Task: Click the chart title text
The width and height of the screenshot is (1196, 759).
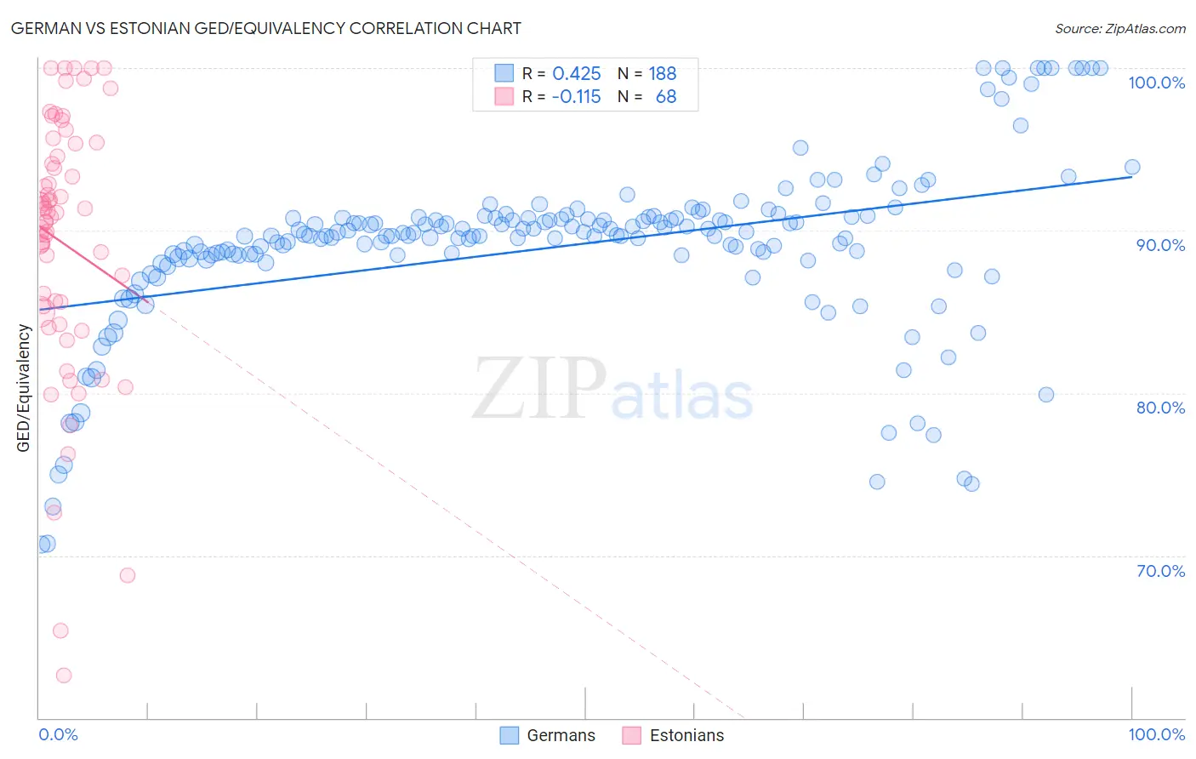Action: [265, 28]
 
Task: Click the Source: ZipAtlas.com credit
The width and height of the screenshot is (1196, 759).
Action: [1119, 28]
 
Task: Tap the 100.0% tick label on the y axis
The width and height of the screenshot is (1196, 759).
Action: [1156, 83]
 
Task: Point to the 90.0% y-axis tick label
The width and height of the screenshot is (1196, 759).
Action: [1160, 245]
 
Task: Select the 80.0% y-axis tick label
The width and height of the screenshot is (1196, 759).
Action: [1160, 408]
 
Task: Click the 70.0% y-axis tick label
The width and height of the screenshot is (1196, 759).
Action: [1160, 571]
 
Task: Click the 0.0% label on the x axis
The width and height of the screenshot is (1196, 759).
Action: [58, 734]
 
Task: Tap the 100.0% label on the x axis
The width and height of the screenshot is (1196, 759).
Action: [1156, 734]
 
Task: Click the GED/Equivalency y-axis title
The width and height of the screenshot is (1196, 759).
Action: [24, 388]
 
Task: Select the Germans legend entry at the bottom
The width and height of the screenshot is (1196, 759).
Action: [547, 735]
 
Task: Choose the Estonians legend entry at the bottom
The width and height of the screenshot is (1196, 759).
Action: [673, 735]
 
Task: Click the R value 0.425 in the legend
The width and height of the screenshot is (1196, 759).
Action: [577, 74]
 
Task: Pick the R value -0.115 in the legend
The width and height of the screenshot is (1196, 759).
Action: [576, 97]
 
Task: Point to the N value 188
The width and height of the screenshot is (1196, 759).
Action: [663, 74]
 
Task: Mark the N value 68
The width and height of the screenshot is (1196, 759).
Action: [666, 97]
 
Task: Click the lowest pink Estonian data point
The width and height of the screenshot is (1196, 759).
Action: [64, 675]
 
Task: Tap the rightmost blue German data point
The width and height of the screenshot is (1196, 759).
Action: [1132, 168]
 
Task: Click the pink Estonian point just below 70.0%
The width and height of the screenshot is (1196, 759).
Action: [128, 575]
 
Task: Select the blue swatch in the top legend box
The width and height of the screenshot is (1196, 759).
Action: [504, 73]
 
